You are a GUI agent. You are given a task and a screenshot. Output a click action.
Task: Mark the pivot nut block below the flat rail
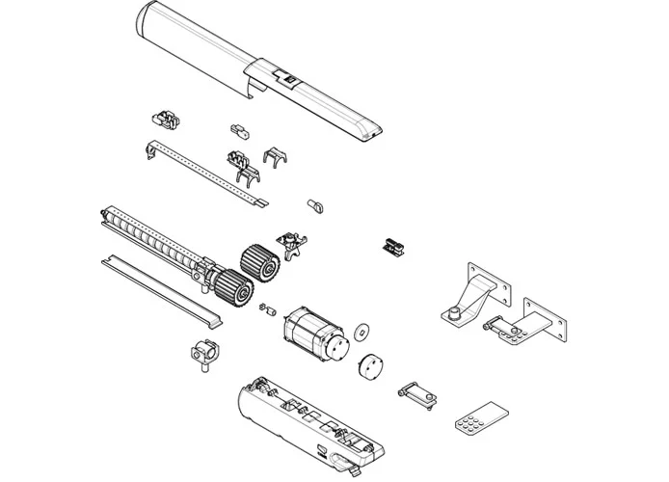point(203,354)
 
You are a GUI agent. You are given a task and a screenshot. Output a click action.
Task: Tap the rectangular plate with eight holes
point(478,414)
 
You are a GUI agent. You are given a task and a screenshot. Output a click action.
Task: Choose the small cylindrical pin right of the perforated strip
point(314,204)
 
